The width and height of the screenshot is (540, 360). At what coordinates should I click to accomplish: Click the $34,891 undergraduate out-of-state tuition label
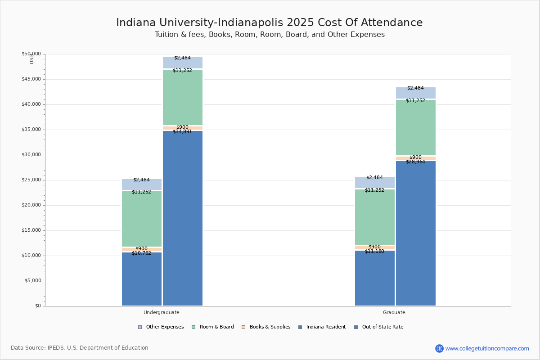click(182, 132)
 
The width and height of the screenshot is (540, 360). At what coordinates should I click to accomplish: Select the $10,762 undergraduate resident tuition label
click(141, 253)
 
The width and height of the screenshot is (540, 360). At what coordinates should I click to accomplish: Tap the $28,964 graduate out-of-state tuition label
click(415, 162)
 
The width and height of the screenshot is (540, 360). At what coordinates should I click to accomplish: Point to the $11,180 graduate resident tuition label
click(374, 252)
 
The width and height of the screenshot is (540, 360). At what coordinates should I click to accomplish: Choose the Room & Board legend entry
click(216, 327)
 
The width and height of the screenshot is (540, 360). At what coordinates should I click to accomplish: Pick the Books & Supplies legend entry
click(270, 327)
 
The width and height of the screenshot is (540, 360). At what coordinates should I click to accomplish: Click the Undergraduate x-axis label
click(162, 312)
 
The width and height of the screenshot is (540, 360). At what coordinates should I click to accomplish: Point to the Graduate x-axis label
click(394, 312)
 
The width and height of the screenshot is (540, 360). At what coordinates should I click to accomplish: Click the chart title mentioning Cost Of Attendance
click(270, 22)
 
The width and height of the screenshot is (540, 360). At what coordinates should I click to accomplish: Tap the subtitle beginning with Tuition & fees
click(270, 35)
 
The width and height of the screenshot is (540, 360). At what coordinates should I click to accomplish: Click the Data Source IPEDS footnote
click(80, 348)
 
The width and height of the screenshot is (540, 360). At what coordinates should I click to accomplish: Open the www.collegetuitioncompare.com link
click(487, 348)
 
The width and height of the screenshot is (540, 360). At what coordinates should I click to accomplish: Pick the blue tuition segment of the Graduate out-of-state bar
click(416, 234)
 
